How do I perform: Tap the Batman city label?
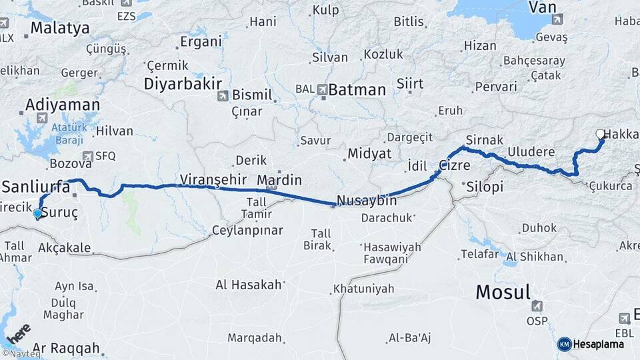(x=357, y=89)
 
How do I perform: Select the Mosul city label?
(x=503, y=291)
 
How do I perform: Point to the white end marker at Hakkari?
(x=600, y=134)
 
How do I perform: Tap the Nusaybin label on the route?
(x=367, y=201)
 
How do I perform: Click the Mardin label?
(x=279, y=180)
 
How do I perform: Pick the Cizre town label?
(x=455, y=165)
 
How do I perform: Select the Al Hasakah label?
(x=249, y=285)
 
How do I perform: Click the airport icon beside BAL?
(x=323, y=89)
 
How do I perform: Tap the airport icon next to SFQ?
(x=87, y=156)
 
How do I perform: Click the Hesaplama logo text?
(x=598, y=344)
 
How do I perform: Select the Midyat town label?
(x=369, y=153)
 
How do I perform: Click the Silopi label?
(x=485, y=186)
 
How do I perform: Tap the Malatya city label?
(x=60, y=28)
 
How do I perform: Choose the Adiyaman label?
(x=63, y=105)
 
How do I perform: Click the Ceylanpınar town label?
(x=247, y=230)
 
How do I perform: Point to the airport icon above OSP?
(x=537, y=306)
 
